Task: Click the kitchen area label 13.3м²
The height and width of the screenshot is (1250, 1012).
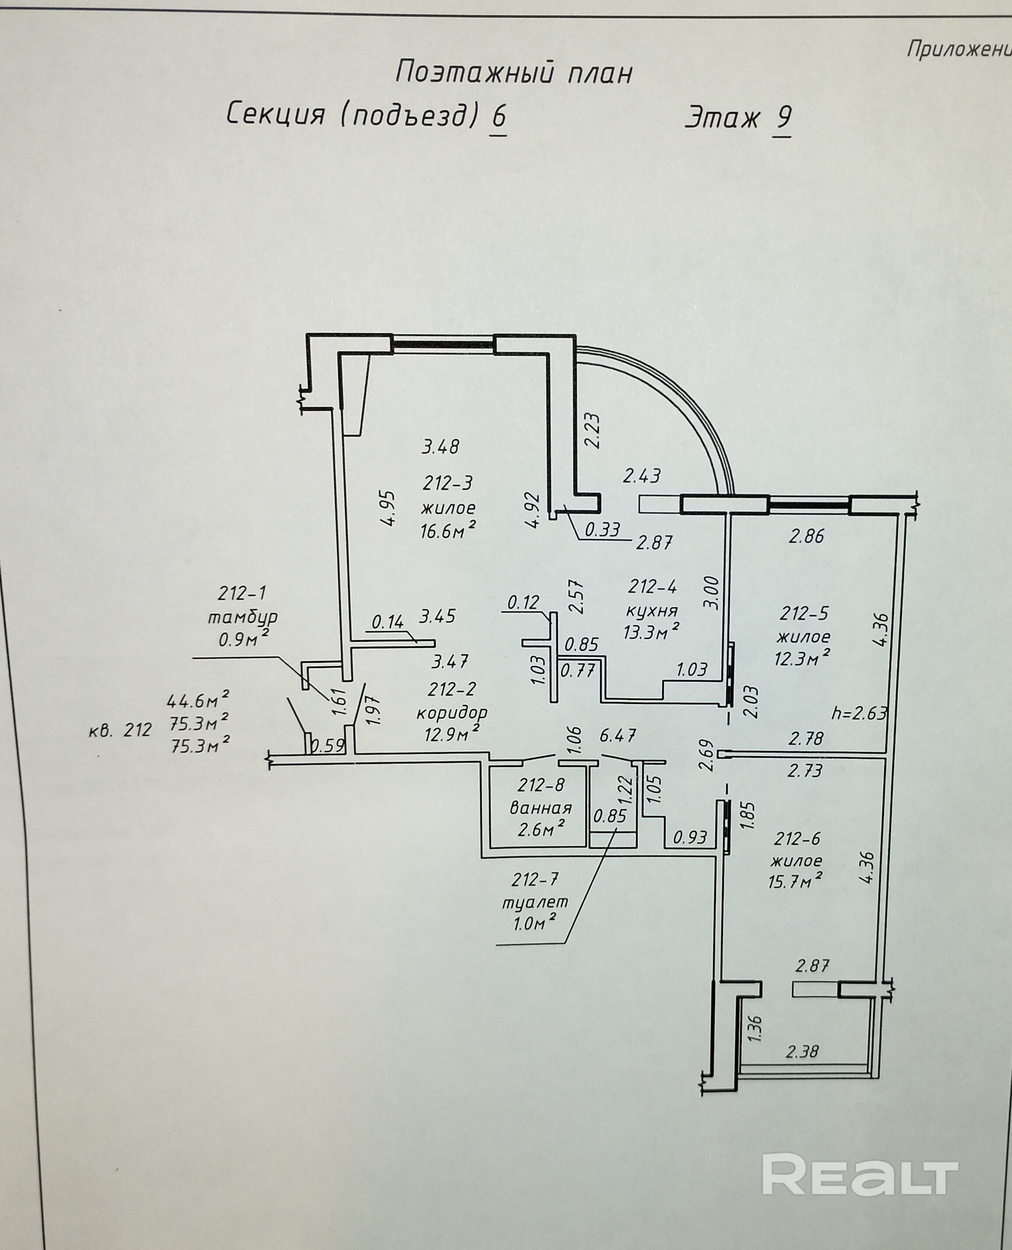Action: tap(651, 632)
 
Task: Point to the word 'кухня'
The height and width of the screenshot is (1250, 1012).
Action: tap(652, 611)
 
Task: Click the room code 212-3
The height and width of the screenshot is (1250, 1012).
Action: tap(448, 483)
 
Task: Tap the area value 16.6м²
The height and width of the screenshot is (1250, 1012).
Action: tap(448, 530)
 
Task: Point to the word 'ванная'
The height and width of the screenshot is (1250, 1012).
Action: tap(541, 808)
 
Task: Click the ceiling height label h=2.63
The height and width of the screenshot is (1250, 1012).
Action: tap(860, 713)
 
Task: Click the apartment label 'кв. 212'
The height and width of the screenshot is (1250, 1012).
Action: tap(120, 730)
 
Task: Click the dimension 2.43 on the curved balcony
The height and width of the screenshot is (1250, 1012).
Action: tap(641, 476)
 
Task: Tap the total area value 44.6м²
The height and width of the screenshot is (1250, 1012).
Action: tap(198, 699)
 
